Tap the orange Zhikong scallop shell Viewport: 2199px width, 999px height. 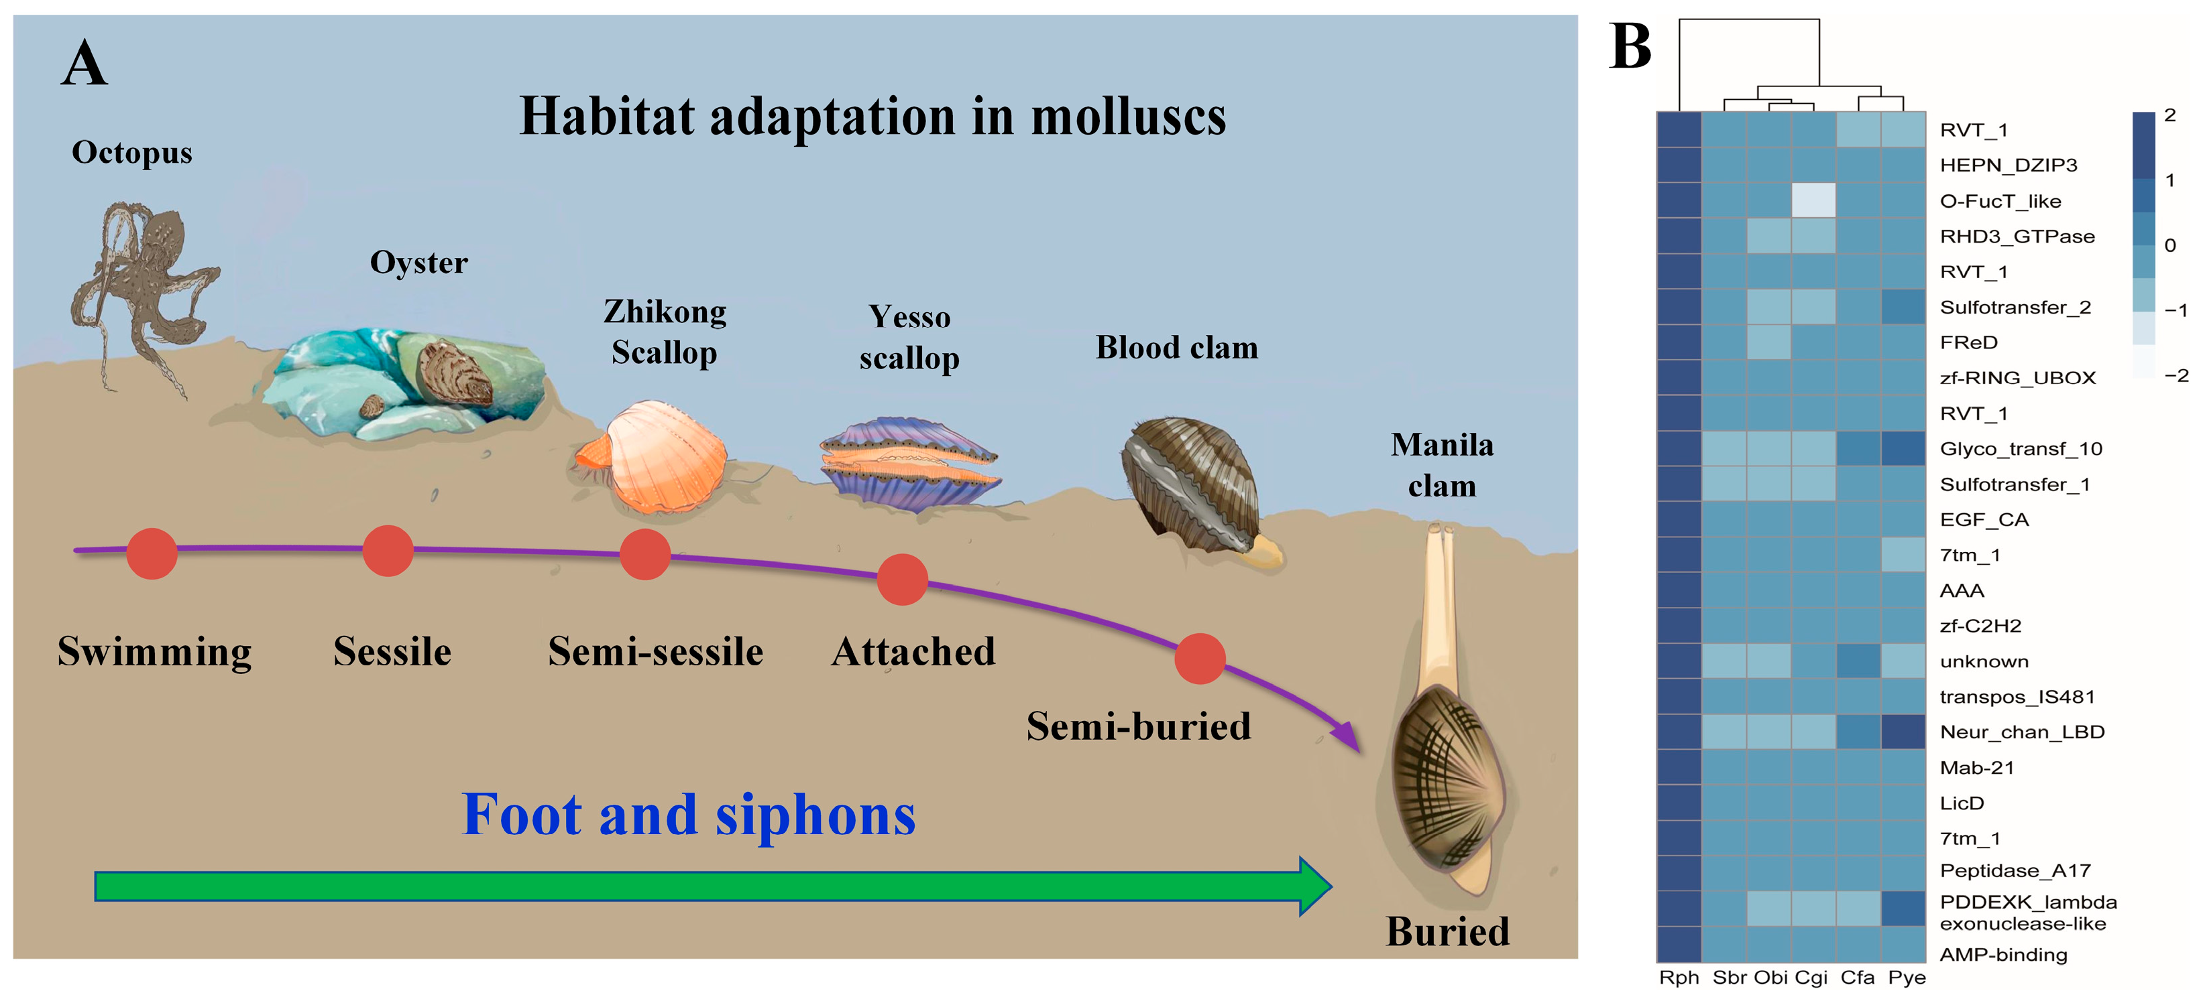[653, 456]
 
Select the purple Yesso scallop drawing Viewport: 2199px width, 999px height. [909, 465]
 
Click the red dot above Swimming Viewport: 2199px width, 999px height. [152, 553]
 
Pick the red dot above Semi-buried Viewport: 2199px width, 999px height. [1199, 659]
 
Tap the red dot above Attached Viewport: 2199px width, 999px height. [902, 580]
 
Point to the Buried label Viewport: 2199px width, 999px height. [1448, 931]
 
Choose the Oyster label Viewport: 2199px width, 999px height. [418, 263]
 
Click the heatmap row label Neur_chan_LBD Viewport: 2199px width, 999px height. [2021, 732]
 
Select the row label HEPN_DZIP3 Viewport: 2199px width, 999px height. [2008, 165]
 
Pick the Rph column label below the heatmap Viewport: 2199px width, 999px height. [1679, 978]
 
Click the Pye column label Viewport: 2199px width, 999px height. [1906, 978]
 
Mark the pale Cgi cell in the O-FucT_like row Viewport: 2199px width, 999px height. [1813, 200]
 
